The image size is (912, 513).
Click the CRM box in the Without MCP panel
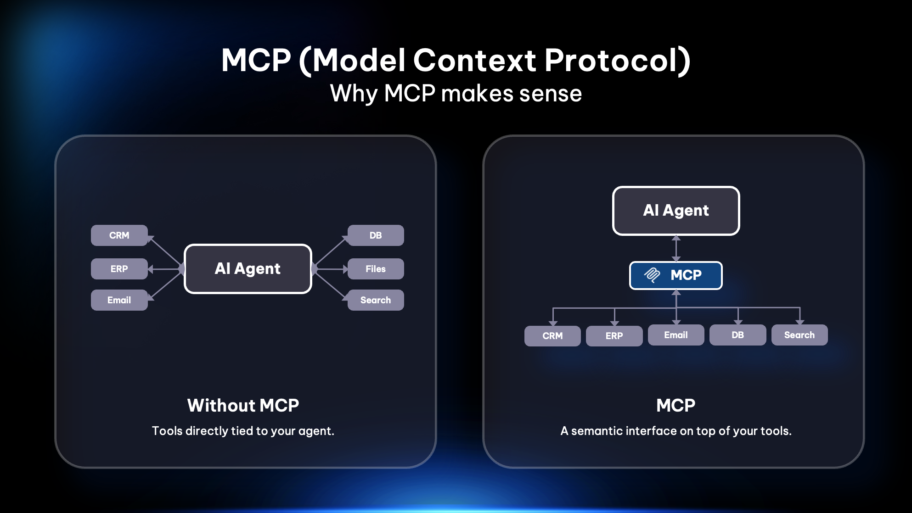(x=119, y=235)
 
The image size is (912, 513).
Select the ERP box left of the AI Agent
(x=119, y=269)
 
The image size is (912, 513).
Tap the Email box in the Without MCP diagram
(x=119, y=300)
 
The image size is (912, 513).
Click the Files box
(x=375, y=269)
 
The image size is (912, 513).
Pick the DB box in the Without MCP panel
(x=375, y=235)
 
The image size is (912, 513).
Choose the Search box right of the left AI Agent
(x=375, y=300)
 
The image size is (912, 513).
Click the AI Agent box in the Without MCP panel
(x=248, y=269)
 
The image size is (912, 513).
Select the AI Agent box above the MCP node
(x=676, y=211)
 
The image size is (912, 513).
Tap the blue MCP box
(x=676, y=275)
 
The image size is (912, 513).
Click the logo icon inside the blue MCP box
(x=652, y=275)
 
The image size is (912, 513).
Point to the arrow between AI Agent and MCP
(x=676, y=249)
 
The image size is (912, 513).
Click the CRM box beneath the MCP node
(x=552, y=336)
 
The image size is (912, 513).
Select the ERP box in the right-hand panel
(x=614, y=336)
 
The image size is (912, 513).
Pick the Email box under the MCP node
(x=676, y=335)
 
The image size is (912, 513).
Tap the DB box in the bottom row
(x=737, y=335)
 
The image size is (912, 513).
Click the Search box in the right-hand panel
(x=799, y=335)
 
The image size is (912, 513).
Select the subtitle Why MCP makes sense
(x=456, y=94)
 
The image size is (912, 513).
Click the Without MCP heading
(x=243, y=405)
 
